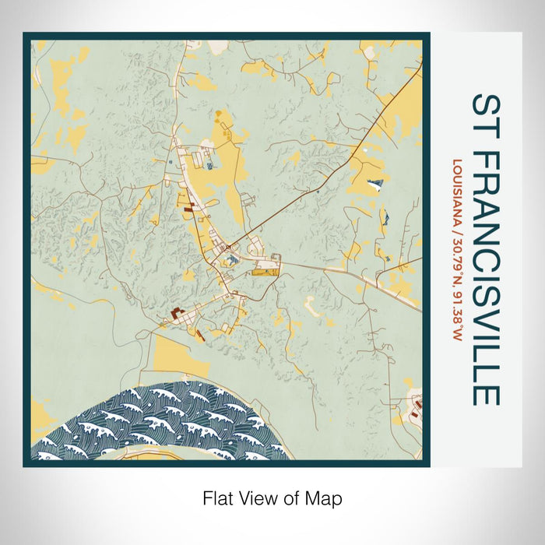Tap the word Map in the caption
(x=325, y=497)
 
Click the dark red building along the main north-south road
(x=187, y=207)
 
